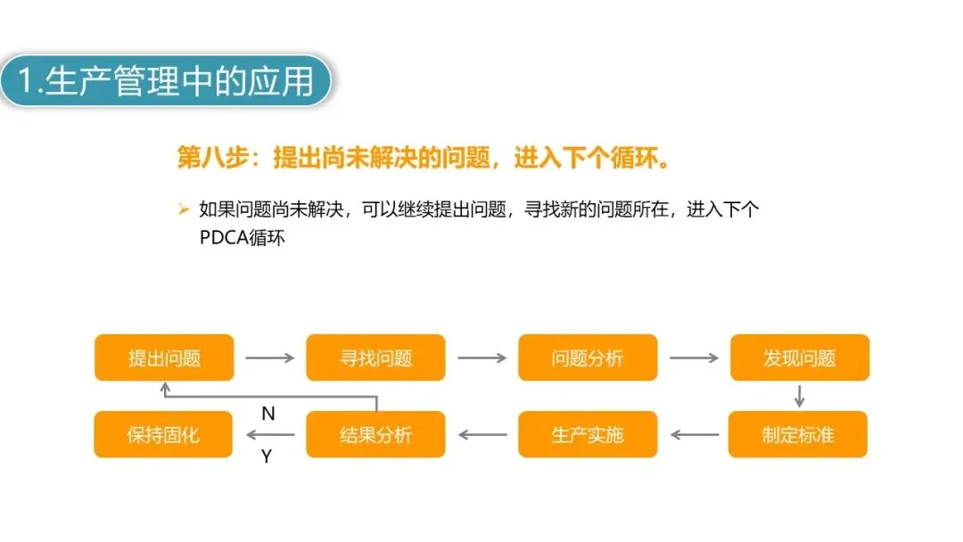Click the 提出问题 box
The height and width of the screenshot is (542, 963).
pyautogui.click(x=164, y=357)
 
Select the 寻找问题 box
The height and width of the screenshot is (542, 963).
pyautogui.click(x=375, y=357)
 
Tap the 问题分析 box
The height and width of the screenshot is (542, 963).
pyautogui.click(x=587, y=357)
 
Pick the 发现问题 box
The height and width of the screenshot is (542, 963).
pyautogui.click(x=799, y=357)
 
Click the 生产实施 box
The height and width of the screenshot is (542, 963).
pyautogui.click(x=587, y=434)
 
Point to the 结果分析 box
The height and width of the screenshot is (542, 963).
pyautogui.click(x=375, y=434)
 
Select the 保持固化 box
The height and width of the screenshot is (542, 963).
pyautogui.click(x=163, y=434)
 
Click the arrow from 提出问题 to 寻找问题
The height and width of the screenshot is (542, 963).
pyautogui.click(x=269, y=358)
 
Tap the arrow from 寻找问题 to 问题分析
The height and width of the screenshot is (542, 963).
pyautogui.click(x=481, y=358)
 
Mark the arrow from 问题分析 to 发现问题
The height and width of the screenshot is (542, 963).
pyautogui.click(x=694, y=358)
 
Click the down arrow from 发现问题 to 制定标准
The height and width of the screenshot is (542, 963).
pyautogui.click(x=800, y=396)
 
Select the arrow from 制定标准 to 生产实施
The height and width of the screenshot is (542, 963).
pyautogui.click(x=694, y=435)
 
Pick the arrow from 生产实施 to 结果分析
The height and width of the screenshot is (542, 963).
pyautogui.click(x=481, y=435)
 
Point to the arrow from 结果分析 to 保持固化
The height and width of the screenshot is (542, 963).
pyautogui.click(x=269, y=435)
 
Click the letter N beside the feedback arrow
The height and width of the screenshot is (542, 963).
pyautogui.click(x=267, y=414)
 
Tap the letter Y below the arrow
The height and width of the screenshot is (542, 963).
pyautogui.click(x=266, y=456)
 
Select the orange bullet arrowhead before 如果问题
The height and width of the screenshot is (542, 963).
pyautogui.click(x=184, y=209)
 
